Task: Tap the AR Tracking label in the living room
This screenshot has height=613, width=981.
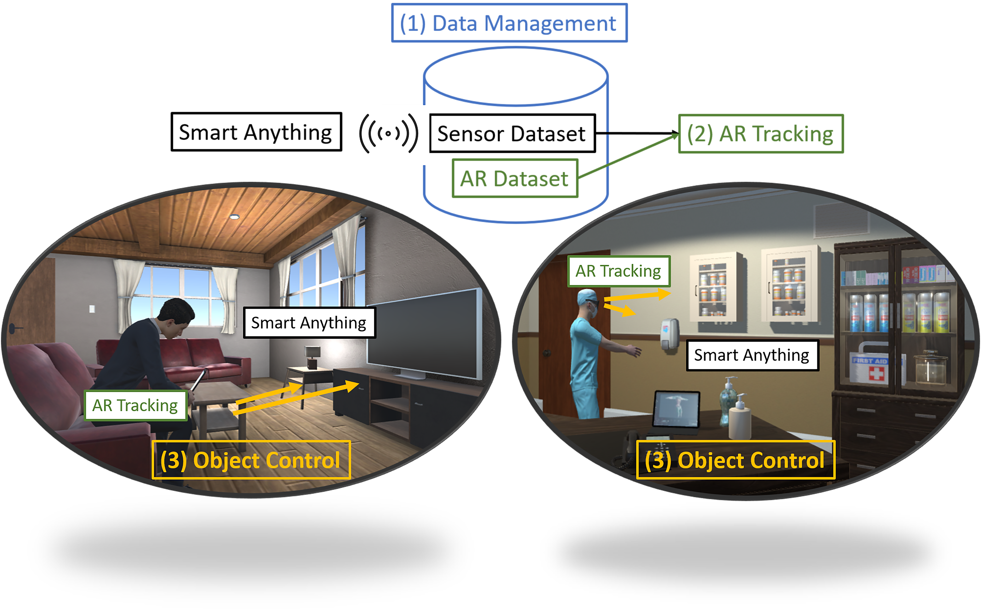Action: (x=135, y=405)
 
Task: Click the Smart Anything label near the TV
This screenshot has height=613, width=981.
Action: (x=309, y=323)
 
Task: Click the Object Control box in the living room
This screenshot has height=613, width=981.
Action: (x=251, y=460)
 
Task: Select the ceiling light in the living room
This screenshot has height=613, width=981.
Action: (x=234, y=217)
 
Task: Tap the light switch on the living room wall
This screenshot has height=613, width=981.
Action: (x=92, y=309)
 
